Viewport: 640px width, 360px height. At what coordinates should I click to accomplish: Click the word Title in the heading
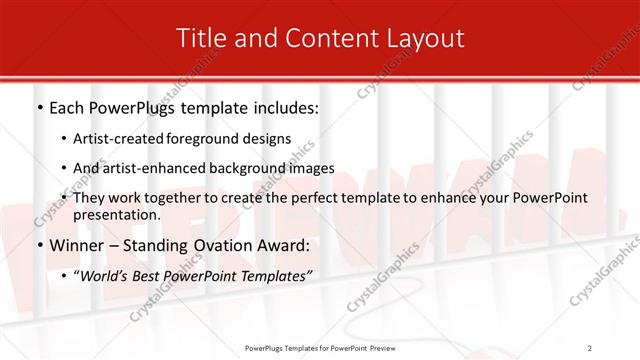pos(199,39)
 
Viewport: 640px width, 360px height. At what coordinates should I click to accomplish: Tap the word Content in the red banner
pos(329,39)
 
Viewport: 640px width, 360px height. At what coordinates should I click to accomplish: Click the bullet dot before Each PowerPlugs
pos(39,106)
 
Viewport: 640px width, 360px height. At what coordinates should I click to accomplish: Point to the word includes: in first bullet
pos(281,106)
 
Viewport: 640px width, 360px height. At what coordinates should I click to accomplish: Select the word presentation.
pos(115,214)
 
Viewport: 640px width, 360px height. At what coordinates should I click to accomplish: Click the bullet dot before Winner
pos(39,246)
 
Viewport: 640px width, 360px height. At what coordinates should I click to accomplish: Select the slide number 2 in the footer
pos(590,347)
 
